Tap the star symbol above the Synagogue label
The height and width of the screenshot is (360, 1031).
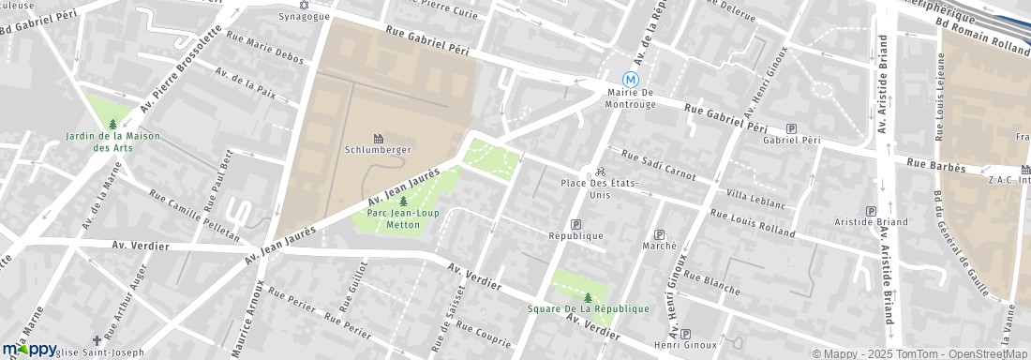pos(302,4)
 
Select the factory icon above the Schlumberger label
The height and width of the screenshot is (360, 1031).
pos(379,138)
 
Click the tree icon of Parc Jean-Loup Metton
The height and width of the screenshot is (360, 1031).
pos(403,201)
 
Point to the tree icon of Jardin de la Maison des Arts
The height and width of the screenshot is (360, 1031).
pos(113,124)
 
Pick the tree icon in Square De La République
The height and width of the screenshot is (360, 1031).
pos(588,297)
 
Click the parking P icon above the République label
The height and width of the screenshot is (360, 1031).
pos(575,224)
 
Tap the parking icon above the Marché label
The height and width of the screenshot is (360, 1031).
pos(659,234)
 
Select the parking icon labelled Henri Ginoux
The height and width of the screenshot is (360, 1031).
pos(686,334)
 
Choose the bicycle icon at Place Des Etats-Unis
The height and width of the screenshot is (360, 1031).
pos(600,172)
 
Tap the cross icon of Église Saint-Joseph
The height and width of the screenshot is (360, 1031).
pos(97,340)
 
